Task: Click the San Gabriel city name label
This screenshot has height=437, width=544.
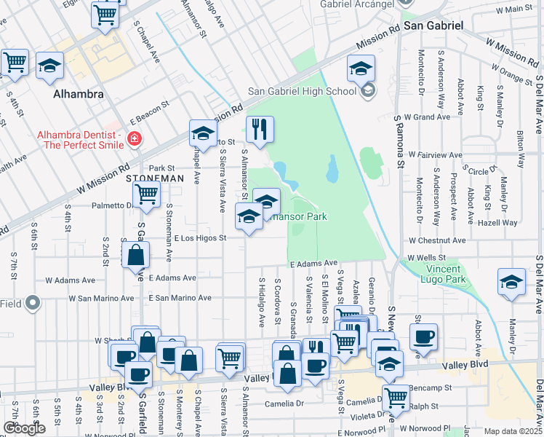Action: point(433,25)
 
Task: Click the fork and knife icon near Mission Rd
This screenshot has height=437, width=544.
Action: point(260,130)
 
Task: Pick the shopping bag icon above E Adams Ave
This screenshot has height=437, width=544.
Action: point(136,255)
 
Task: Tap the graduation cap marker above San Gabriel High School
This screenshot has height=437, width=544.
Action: point(361,68)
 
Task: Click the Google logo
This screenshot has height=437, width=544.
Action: point(24,428)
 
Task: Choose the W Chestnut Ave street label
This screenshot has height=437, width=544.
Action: point(436,240)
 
